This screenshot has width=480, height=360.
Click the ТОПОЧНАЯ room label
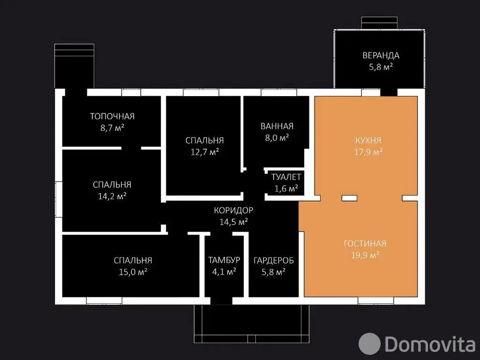(x=112, y=116)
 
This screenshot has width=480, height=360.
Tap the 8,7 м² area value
(x=112, y=127)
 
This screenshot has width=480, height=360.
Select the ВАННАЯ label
(x=277, y=126)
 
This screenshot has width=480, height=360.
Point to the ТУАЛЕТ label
(x=286, y=177)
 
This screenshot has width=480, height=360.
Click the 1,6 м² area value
(x=286, y=188)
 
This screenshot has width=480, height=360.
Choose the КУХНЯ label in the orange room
(x=368, y=141)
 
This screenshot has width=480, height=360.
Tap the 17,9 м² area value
(x=368, y=152)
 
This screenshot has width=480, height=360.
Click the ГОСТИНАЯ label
(x=365, y=244)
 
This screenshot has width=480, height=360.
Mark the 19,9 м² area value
(x=365, y=255)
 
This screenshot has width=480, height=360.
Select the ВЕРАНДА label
(x=381, y=55)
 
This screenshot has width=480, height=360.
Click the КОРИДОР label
(x=233, y=210)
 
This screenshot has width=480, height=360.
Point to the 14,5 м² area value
(x=233, y=222)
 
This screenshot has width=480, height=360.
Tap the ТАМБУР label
(x=224, y=260)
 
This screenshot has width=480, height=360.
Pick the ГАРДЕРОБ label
(x=274, y=261)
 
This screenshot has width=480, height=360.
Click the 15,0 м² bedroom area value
(x=133, y=272)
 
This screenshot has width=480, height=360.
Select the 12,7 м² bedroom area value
(x=205, y=152)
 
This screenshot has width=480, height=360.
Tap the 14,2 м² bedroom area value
(x=112, y=196)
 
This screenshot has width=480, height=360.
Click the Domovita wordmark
(x=430, y=344)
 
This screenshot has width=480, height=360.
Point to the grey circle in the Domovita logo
(x=369, y=344)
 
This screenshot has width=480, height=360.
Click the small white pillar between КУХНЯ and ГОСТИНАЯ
(x=349, y=198)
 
